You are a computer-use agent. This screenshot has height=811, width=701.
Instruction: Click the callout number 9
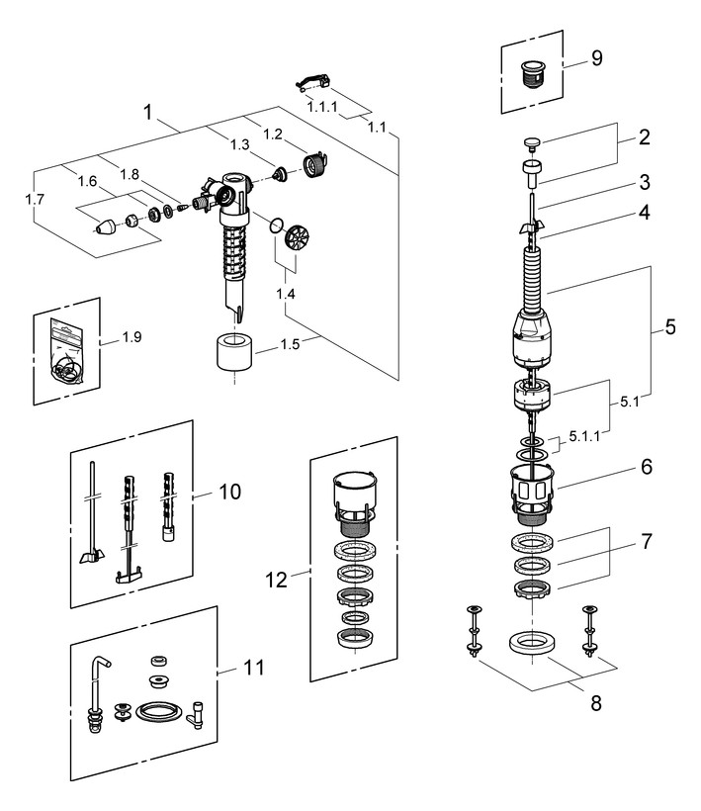point(596,58)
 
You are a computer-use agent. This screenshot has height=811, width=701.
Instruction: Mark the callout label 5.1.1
point(584,435)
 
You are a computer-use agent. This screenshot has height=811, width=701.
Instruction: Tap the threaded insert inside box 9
point(535,72)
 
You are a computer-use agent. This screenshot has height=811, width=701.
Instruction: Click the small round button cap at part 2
point(533,144)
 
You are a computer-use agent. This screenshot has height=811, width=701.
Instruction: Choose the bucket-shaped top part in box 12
point(354,492)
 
